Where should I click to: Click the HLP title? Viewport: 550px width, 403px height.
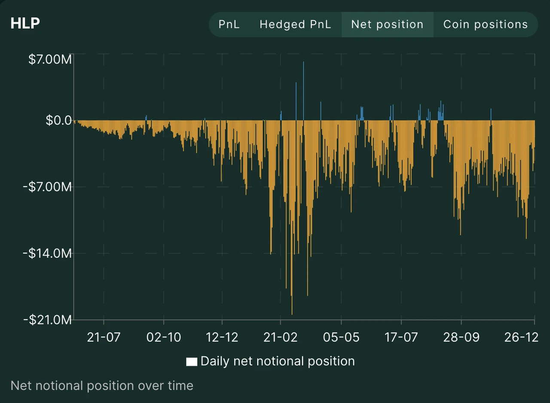point(25,23)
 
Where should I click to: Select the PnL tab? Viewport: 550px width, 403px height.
point(229,24)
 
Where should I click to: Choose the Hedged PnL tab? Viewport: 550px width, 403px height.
point(295,24)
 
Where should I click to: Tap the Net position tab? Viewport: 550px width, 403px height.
point(387,24)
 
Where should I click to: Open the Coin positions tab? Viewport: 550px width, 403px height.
point(485,24)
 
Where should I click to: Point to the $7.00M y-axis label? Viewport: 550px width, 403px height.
point(50,60)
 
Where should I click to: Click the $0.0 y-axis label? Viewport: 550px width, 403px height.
point(58,121)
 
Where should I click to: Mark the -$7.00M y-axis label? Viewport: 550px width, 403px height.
point(48,187)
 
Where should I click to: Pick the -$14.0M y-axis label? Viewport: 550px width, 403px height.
point(48,253)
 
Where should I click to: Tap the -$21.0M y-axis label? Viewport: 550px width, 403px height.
point(48,320)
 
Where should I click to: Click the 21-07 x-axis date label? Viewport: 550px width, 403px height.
point(104,337)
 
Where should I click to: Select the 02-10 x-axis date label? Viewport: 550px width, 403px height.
point(163,337)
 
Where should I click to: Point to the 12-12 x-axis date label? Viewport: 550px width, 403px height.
point(222,337)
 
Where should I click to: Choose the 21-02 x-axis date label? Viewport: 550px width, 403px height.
point(281,337)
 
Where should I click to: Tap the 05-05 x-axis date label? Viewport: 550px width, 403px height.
point(341,337)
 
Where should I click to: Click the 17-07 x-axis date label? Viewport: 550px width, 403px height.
point(401,337)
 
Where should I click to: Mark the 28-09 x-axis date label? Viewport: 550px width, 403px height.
point(461,337)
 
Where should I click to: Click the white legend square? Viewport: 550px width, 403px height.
point(192,362)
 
